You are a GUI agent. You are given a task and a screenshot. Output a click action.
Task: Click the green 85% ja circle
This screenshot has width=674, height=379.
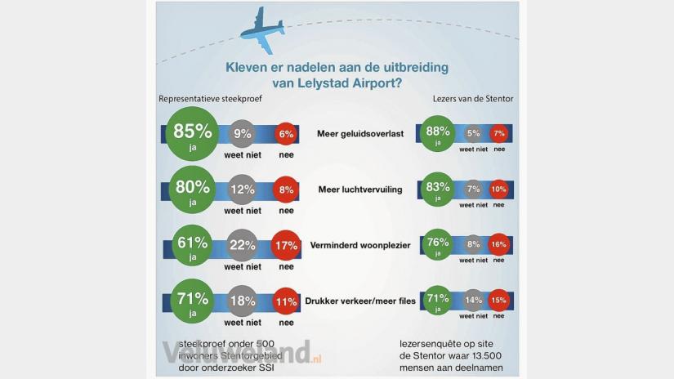coord(193,135)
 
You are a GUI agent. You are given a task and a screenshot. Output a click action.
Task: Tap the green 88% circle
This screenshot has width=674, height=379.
coord(438,135)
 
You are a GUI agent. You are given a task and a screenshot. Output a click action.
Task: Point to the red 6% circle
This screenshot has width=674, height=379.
coord(286,135)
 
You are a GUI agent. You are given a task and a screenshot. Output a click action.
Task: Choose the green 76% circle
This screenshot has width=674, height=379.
coord(438,245)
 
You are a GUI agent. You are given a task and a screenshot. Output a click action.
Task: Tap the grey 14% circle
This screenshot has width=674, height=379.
coord(472,301)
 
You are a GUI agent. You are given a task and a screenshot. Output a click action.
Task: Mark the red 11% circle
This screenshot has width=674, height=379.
coord(286,301)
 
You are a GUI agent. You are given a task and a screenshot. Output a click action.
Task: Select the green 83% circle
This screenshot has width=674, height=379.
coord(438,189)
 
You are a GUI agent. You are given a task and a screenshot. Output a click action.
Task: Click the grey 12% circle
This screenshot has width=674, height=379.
coord(242,190)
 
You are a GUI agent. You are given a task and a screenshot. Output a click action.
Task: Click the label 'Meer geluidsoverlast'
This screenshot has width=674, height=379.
coord(359,135)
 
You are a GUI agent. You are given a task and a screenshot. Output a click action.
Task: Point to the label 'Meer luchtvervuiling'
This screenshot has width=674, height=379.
coord(359,189)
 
